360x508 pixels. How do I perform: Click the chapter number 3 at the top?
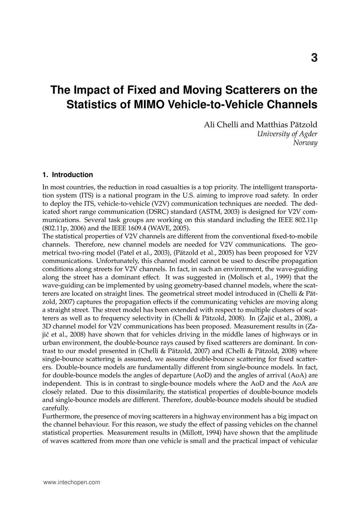click(314, 58)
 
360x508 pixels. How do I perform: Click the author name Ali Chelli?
click(221, 125)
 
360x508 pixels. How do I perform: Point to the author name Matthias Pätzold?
click(287, 125)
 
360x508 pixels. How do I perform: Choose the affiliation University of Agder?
click(287, 134)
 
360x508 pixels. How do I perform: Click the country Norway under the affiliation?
click(305, 143)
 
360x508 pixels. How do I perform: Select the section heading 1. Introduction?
click(67, 175)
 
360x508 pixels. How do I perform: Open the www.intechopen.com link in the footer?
click(71, 482)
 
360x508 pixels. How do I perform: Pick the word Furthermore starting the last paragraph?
click(60, 416)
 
